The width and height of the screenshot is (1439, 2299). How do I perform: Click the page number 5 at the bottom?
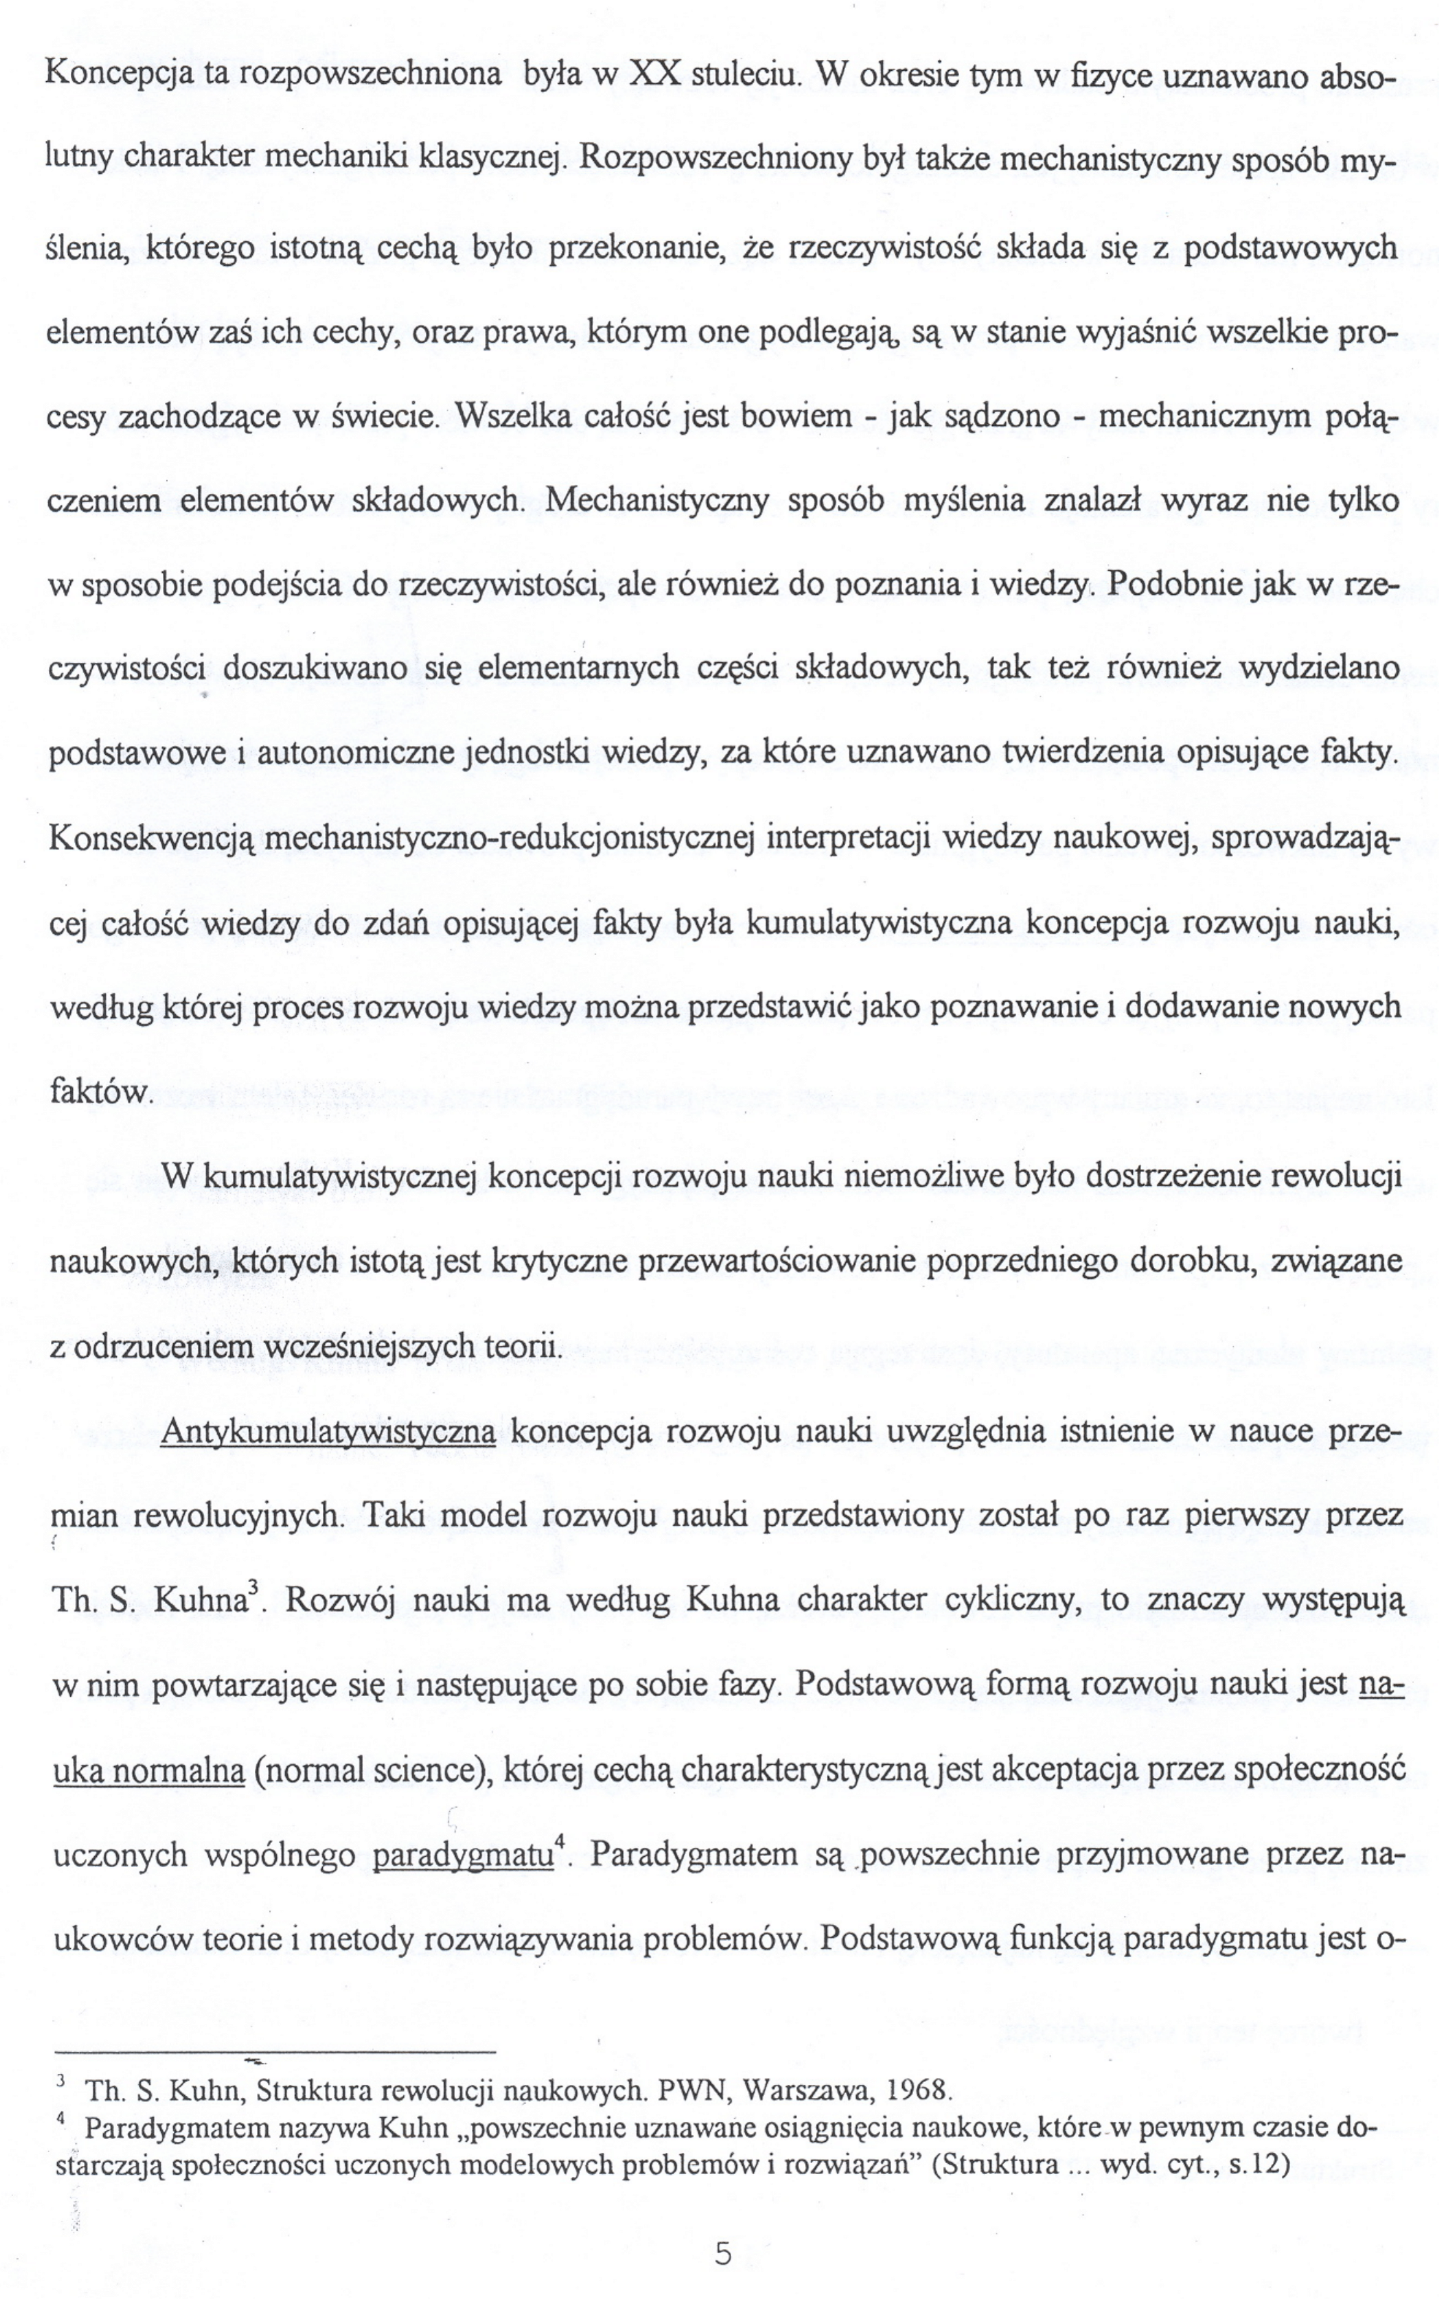(x=722, y=2227)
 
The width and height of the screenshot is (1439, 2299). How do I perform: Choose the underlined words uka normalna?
(x=150, y=1771)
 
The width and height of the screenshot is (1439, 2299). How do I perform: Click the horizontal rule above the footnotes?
(x=276, y=2051)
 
